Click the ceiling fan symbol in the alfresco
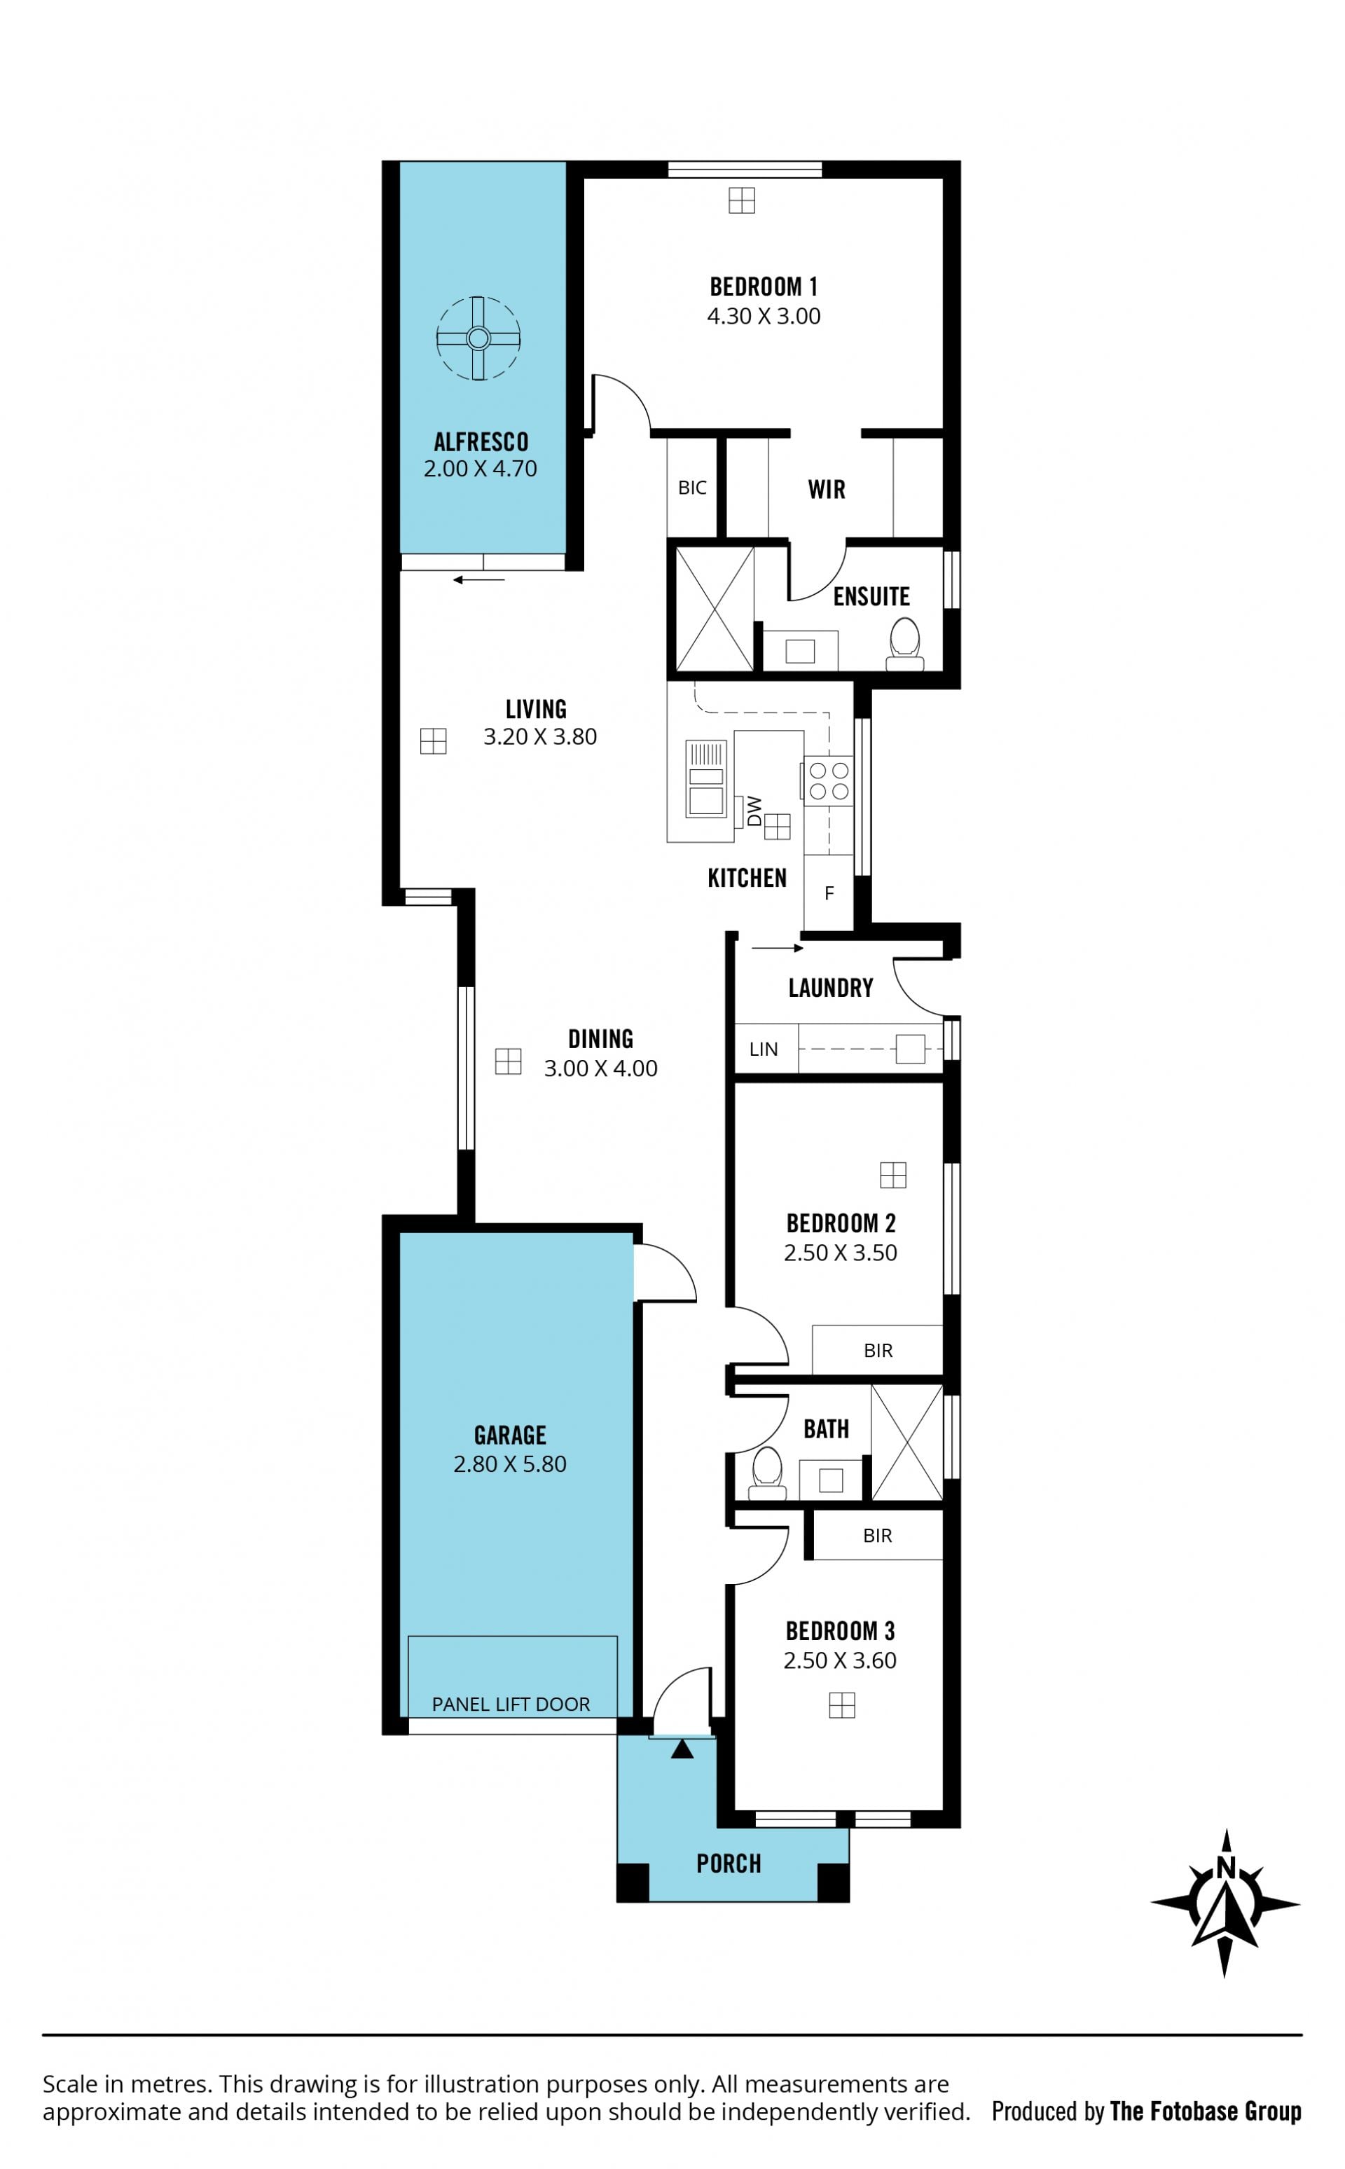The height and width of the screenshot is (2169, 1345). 478,338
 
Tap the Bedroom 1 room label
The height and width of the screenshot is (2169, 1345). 764,287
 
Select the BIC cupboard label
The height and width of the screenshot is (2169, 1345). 692,488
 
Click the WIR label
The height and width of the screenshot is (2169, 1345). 827,489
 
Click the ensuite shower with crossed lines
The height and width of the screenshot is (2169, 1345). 715,609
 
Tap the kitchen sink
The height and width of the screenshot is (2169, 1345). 706,778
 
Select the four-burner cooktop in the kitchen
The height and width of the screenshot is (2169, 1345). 828,780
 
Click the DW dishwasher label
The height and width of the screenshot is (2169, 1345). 754,811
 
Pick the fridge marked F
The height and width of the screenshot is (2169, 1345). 828,893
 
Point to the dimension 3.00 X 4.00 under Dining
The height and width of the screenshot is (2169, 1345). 600,1068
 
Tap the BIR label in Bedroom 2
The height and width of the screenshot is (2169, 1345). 878,1351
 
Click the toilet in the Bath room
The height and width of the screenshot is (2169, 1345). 767,1474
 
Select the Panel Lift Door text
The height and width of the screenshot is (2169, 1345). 511,1705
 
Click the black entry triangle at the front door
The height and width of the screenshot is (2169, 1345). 682,1750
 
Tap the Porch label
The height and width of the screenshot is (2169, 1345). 729,1864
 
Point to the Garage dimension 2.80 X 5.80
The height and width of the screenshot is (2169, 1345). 510,1464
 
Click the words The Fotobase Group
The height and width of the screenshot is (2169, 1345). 1206,2112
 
